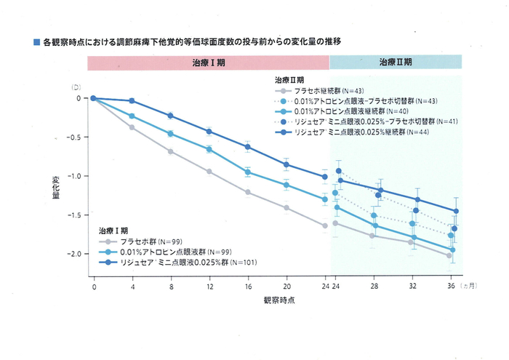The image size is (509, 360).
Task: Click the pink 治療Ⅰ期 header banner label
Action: tap(208, 63)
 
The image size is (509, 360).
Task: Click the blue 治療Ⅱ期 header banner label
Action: tap(396, 63)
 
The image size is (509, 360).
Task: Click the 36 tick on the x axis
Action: tap(451, 287)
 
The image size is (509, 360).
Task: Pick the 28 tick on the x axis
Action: tap(374, 287)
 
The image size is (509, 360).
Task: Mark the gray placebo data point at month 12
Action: tap(209, 172)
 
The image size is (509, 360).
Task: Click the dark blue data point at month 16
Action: tap(248, 147)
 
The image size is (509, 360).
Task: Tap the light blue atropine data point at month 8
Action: tap(171, 134)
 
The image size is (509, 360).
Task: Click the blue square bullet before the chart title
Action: tap(36, 42)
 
